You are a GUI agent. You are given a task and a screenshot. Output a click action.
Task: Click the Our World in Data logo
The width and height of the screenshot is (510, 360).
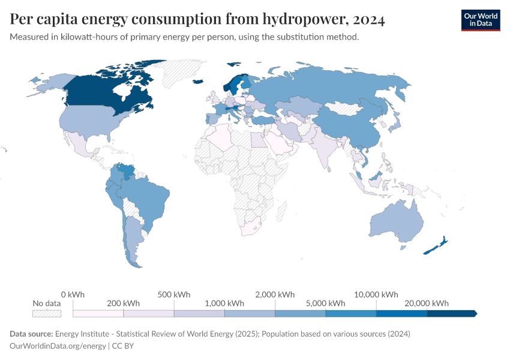(x=480, y=20)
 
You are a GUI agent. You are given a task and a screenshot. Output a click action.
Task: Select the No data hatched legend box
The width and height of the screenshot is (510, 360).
(x=47, y=313)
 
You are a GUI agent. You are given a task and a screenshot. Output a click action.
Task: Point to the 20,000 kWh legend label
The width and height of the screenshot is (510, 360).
(x=427, y=303)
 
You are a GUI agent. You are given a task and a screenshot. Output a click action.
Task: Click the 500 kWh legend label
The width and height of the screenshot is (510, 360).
(x=174, y=295)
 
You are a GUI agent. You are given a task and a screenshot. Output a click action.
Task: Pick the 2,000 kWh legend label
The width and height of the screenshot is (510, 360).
(x=275, y=295)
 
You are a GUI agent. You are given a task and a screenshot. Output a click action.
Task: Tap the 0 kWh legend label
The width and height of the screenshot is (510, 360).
(x=73, y=295)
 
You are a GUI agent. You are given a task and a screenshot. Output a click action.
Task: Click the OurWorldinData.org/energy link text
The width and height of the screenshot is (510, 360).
(x=58, y=346)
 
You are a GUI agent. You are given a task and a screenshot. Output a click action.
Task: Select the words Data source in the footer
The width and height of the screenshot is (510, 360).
(x=30, y=334)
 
